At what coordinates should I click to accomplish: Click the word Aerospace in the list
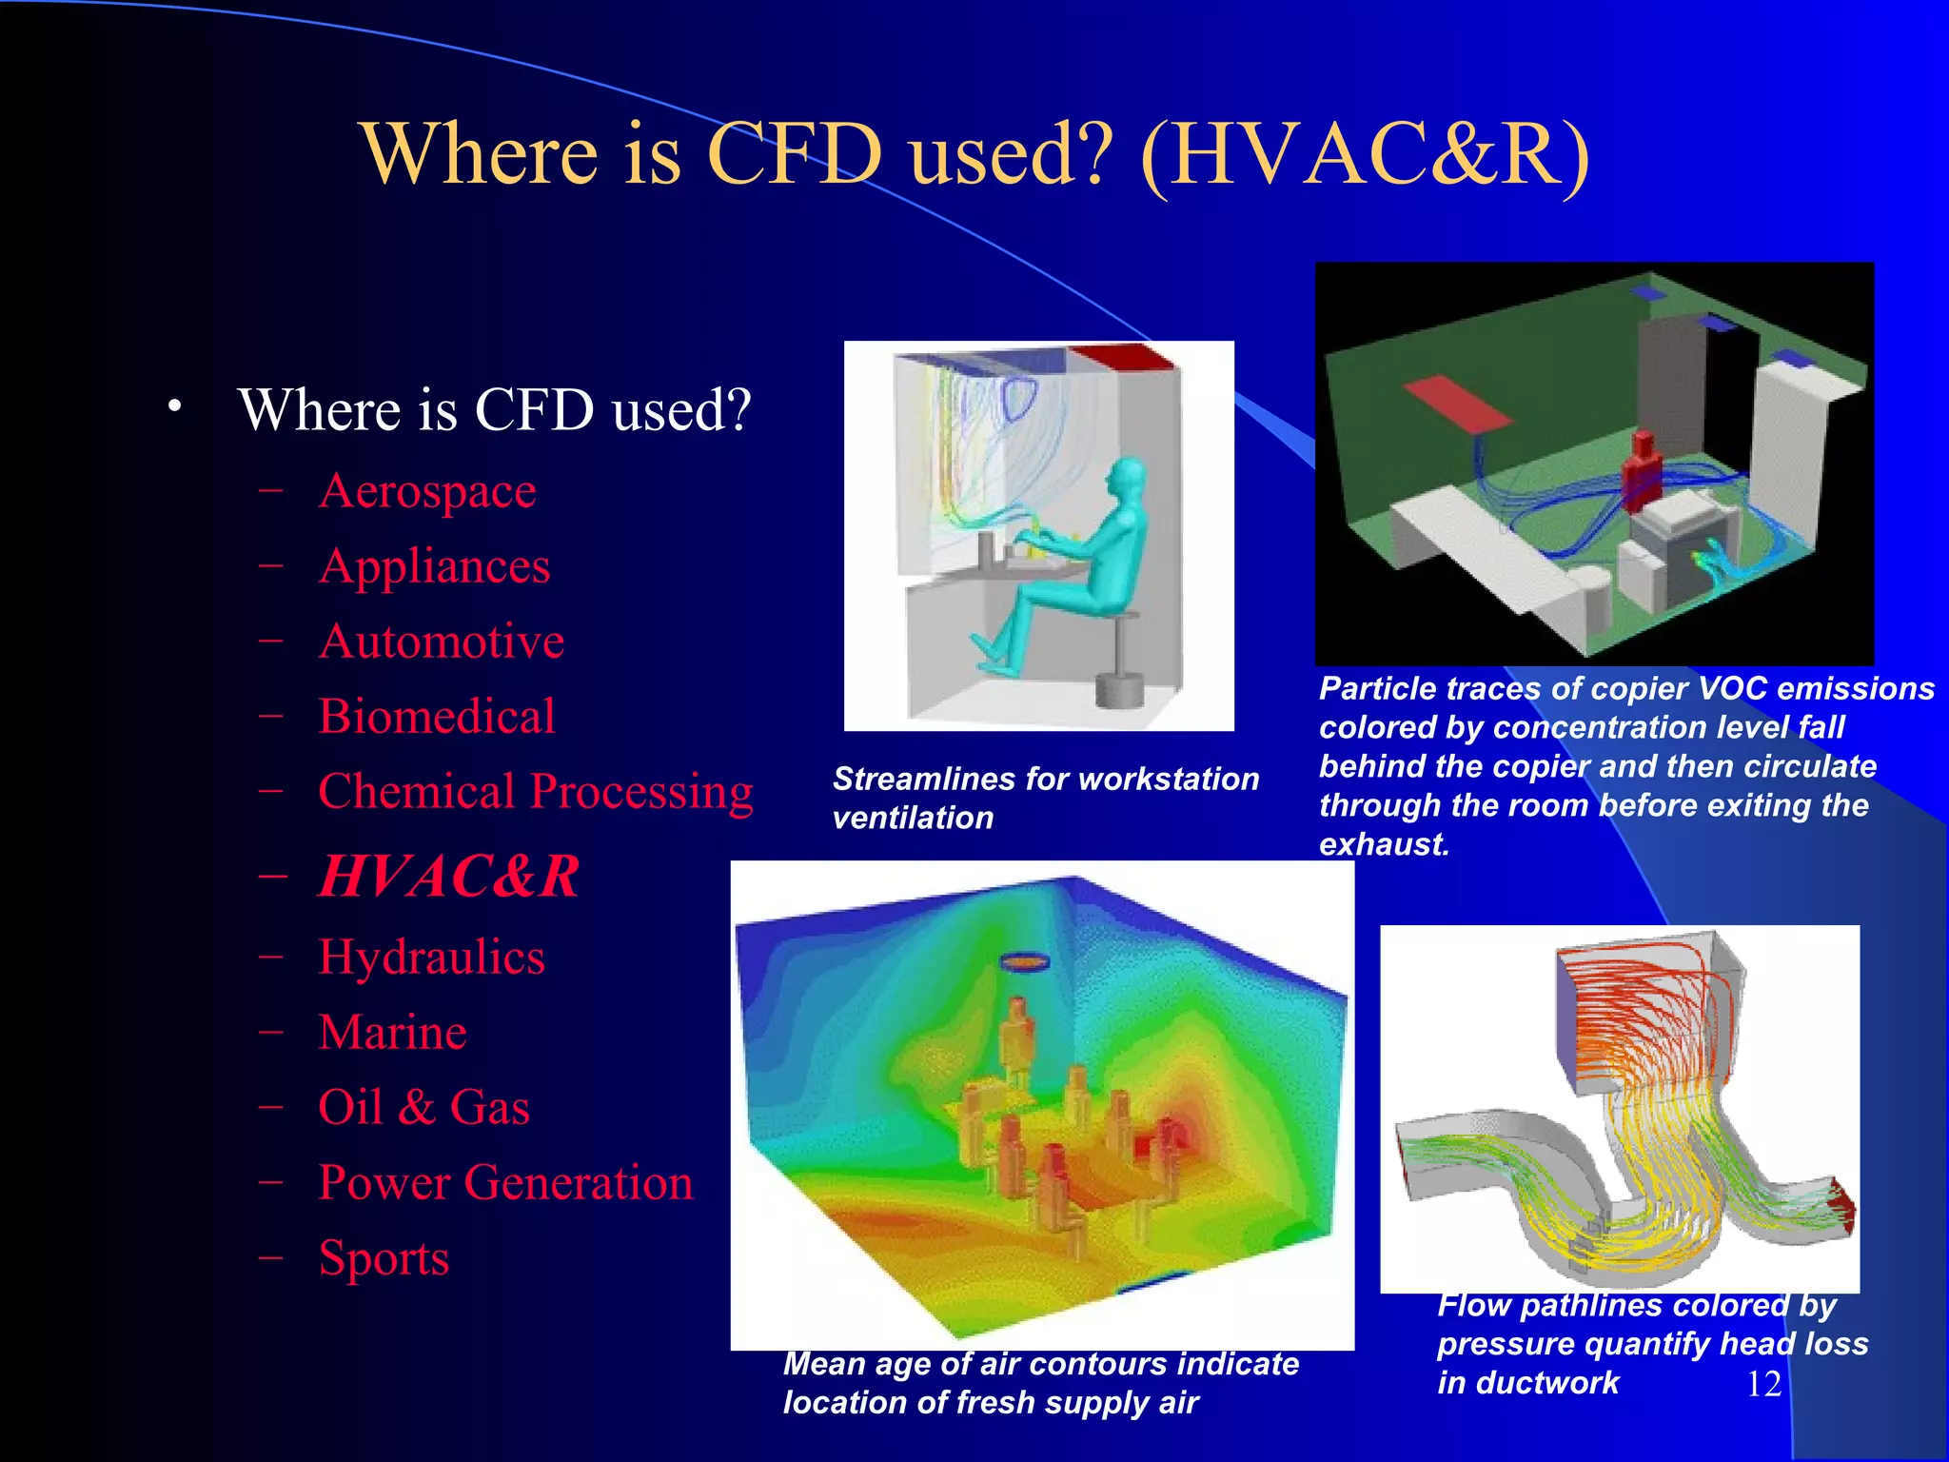427,492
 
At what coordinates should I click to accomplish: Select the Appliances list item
434,567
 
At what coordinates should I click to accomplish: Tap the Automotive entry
442,642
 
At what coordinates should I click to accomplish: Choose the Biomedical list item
437,717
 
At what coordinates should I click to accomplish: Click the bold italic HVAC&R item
448,877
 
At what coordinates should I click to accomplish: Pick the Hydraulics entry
431,958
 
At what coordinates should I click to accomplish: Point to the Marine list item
392,1033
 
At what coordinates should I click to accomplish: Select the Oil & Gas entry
423,1108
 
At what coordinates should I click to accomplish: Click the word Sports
384,1258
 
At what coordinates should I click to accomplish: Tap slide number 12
1763,1384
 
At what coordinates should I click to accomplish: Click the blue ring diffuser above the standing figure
1023,962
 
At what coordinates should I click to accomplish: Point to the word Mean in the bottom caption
824,1364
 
